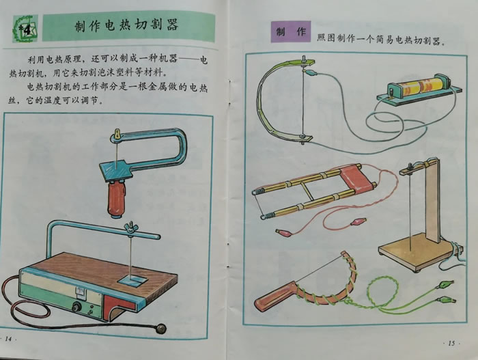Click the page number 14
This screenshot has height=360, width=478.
8,339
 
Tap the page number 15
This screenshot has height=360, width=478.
451,343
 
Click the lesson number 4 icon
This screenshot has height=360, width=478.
26,29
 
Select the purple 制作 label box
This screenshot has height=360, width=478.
291,31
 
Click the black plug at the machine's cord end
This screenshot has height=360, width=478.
160,329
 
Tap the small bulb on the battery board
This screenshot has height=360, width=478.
391,92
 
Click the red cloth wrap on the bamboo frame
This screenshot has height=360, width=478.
356,180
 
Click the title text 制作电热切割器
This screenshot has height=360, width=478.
126,26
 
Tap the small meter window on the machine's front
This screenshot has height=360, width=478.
81,292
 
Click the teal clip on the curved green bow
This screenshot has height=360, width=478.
311,73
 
